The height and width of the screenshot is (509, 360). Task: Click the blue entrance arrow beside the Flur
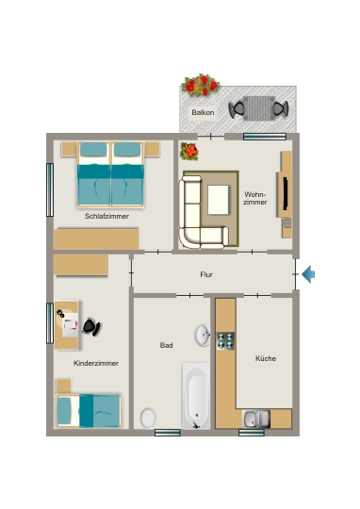click(x=308, y=274)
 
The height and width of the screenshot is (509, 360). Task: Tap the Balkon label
click(x=203, y=113)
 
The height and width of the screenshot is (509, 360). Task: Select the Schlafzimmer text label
click(x=106, y=216)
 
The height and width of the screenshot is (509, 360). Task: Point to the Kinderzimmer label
click(x=96, y=363)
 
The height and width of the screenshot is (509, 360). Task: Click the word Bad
click(x=166, y=345)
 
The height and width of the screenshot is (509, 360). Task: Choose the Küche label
click(x=266, y=358)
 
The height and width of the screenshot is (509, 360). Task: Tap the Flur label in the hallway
click(x=206, y=274)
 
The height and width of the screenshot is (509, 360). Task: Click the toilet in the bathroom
click(x=148, y=419)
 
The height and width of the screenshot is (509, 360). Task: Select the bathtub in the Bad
click(x=196, y=396)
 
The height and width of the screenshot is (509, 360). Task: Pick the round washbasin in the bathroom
click(x=203, y=335)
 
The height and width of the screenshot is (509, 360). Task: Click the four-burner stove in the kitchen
click(x=225, y=341)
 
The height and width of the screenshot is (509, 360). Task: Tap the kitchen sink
click(x=256, y=419)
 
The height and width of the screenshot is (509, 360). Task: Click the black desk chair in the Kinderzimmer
click(x=91, y=326)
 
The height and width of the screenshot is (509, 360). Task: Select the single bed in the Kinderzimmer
click(x=89, y=410)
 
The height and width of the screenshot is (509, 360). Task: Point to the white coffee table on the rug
click(x=218, y=200)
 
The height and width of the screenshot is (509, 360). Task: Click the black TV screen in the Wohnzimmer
click(x=286, y=193)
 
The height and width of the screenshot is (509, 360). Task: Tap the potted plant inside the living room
click(x=189, y=151)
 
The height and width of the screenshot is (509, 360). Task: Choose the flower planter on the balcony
click(x=201, y=85)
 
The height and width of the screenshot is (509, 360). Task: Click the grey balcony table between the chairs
click(x=258, y=108)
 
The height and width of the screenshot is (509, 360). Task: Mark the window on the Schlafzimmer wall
click(x=50, y=189)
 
